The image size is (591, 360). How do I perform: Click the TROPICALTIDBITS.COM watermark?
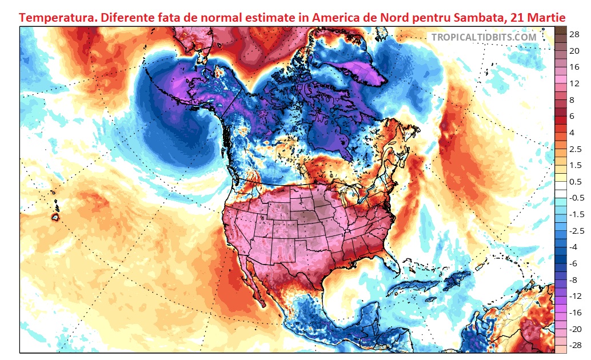click(484, 37)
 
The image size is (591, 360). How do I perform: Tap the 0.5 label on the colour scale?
click(576, 182)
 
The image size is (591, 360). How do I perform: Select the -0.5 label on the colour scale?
click(576, 198)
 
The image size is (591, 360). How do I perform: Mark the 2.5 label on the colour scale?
click(576, 149)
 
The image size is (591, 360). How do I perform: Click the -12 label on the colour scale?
click(575, 295)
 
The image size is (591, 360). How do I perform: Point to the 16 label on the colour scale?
click(574, 67)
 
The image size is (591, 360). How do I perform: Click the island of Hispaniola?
click(457, 281)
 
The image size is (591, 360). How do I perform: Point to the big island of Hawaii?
click(56, 217)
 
